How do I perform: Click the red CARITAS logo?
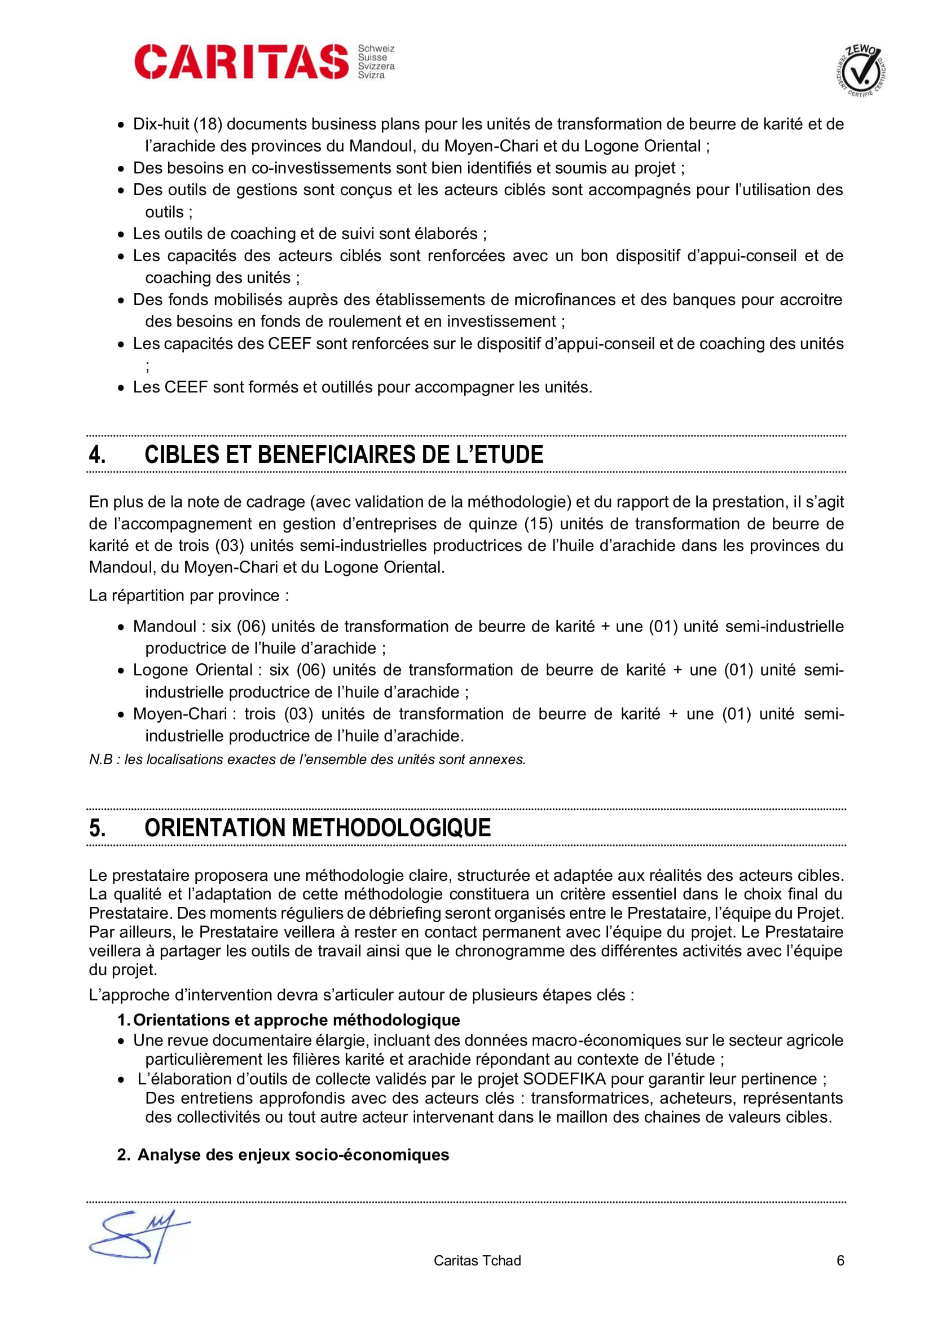[241, 61]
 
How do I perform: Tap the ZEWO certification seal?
[860, 72]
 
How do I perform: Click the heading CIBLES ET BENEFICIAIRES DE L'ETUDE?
[344, 455]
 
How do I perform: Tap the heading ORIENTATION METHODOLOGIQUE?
[317, 828]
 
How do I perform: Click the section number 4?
[97, 455]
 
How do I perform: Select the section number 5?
[97, 828]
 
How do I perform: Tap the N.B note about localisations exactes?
[307, 760]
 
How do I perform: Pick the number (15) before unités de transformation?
[538, 524]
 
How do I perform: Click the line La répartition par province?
[188, 595]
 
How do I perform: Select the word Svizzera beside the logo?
[376, 67]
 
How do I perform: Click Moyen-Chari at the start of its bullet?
[180, 714]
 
